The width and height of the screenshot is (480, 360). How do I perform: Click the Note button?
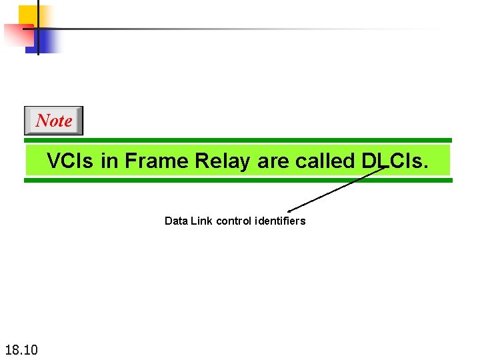53,121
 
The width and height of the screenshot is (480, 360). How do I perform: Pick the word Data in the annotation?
176,221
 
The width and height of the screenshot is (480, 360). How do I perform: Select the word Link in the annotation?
201,221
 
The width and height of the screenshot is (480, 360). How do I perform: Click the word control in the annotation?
233,221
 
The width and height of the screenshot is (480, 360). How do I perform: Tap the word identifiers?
280,221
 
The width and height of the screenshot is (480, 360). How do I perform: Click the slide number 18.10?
21,349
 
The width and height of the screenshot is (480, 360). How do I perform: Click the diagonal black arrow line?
337,189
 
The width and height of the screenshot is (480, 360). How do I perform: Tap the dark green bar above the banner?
238,141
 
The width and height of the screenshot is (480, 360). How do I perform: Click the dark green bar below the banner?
238,180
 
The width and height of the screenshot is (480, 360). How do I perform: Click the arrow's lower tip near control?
289,211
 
